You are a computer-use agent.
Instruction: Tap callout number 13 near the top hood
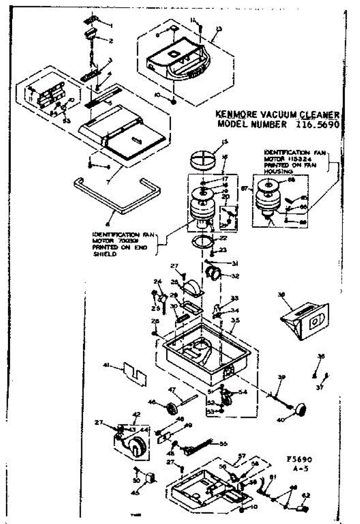pos(219,29)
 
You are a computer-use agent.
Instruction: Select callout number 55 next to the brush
pos(223,444)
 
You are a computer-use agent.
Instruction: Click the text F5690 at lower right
pos(298,460)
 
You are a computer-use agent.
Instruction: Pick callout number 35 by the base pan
pos(236,320)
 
